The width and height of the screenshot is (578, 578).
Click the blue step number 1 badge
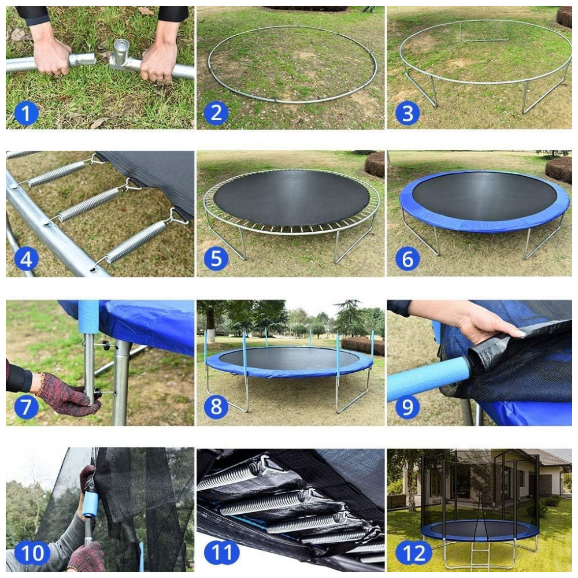coord(26,113)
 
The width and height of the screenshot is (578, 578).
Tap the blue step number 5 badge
coord(216,258)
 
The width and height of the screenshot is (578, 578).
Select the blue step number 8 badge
coord(216,406)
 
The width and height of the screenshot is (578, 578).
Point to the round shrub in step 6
coord(558,169)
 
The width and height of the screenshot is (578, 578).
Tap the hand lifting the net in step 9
coord(486,323)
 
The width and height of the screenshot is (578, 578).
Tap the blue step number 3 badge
coord(407,113)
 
